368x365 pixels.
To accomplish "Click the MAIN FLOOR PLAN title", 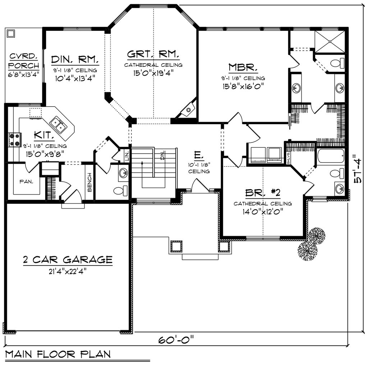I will pos(58,354).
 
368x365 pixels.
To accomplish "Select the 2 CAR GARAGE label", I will pos(68,259).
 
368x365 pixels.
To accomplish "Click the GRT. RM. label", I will pos(153,54).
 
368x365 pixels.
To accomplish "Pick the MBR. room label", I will pos(243,67).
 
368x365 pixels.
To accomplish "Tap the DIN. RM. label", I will pos(75,59).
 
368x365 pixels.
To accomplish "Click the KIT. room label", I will pos(45,135).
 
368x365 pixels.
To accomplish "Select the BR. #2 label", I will pos(262,193).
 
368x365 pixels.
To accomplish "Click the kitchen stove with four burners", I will pos(15,140).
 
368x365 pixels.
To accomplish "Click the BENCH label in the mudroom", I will pos(89,182).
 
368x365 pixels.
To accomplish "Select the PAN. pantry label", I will pos(27,182).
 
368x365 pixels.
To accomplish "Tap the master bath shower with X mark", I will pos(330,42).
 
